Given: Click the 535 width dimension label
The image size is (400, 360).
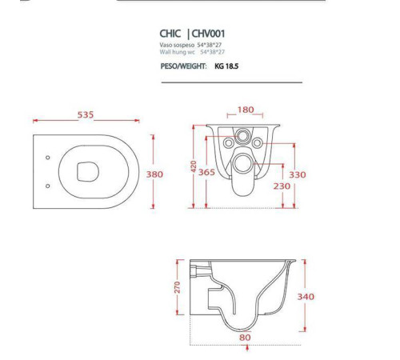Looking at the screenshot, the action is tap(86, 114).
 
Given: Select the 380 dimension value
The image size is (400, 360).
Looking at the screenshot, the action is tap(154, 174).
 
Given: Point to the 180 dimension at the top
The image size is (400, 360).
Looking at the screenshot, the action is tap(246, 110).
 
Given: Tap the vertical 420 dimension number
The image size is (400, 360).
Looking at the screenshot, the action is tap(194, 166).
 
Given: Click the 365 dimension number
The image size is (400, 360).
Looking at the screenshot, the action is tap(206, 172).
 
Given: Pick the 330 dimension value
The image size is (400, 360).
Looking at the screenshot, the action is tap(298, 175).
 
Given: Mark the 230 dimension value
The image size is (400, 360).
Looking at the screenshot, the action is tap(282, 186).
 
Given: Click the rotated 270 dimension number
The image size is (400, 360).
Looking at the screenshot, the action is tap(178, 287).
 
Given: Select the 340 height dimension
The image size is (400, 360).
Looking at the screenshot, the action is tap(306, 297).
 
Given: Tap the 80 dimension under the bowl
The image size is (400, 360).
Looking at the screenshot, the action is tap(245, 338).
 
